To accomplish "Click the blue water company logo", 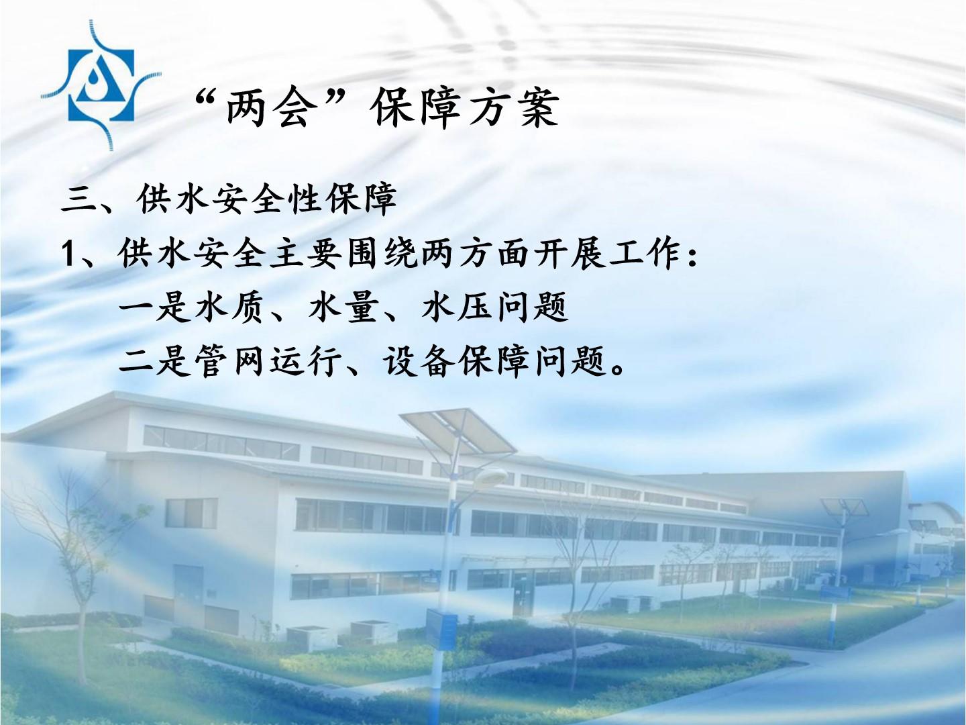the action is coord(101,85).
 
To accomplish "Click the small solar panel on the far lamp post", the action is coord(844,507).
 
